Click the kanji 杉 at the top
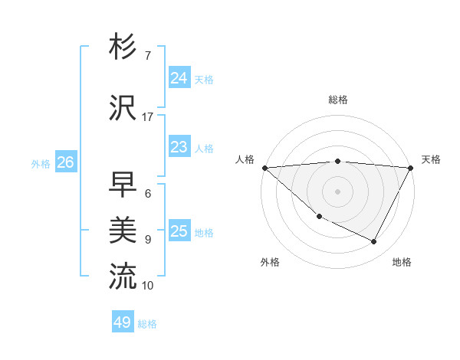(122, 47)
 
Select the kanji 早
(122, 185)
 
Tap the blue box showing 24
(179, 78)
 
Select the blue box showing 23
(179, 147)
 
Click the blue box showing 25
(179, 231)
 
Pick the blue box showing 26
(65, 162)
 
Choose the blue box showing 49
(123, 322)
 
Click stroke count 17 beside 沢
(148, 117)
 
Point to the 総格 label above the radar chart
(338, 100)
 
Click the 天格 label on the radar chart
(431, 159)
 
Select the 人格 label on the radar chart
(245, 159)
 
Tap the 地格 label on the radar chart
(402, 262)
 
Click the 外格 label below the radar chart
(270, 262)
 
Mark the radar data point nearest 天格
(411, 168)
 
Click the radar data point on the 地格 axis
(374, 242)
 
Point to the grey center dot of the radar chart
(338, 191)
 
